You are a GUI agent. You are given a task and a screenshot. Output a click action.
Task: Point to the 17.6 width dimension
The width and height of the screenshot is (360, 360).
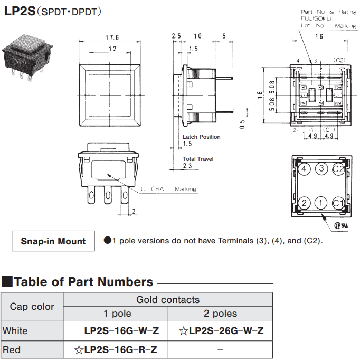(x=112, y=38)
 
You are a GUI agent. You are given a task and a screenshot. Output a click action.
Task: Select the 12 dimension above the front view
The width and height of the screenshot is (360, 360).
(x=112, y=49)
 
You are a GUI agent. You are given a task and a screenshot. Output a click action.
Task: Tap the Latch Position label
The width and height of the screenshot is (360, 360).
(x=202, y=137)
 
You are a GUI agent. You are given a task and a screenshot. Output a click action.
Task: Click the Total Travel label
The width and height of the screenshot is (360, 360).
(x=197, y=159)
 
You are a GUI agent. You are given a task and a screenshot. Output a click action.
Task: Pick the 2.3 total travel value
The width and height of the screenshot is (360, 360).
(x=187, y=166)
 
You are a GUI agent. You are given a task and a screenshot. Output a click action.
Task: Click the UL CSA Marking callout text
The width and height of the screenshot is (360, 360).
(x=168, y=189)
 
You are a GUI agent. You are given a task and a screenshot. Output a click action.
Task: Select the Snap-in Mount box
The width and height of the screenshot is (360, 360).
(x=53, y=241)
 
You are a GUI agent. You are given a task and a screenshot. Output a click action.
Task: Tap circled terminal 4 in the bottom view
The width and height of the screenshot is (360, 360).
(x=304, y=169)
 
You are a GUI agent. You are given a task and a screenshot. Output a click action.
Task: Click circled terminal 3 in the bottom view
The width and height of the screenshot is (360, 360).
(x=321, y=169)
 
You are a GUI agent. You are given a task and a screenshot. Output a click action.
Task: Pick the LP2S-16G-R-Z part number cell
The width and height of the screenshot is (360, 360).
(x=116, y=349)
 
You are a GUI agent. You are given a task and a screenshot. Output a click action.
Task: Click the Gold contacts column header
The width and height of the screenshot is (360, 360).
(x=168, y=300)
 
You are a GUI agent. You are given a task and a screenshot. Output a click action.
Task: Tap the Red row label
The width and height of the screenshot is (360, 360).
(x=12, y=349)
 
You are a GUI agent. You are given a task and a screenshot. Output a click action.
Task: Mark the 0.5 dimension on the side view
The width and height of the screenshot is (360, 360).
(x=242, y=125)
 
